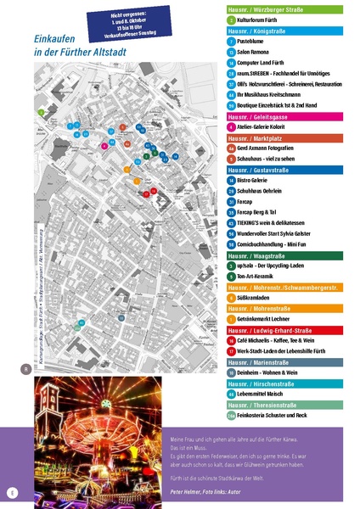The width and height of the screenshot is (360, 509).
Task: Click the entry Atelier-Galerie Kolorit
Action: (x=267, y=127)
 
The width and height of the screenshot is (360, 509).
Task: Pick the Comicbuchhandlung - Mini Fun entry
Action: (x=277, y=244)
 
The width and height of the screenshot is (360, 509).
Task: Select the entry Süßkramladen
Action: (x=257, y=298)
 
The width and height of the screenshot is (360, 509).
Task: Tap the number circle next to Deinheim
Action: (x=231, y=372)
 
